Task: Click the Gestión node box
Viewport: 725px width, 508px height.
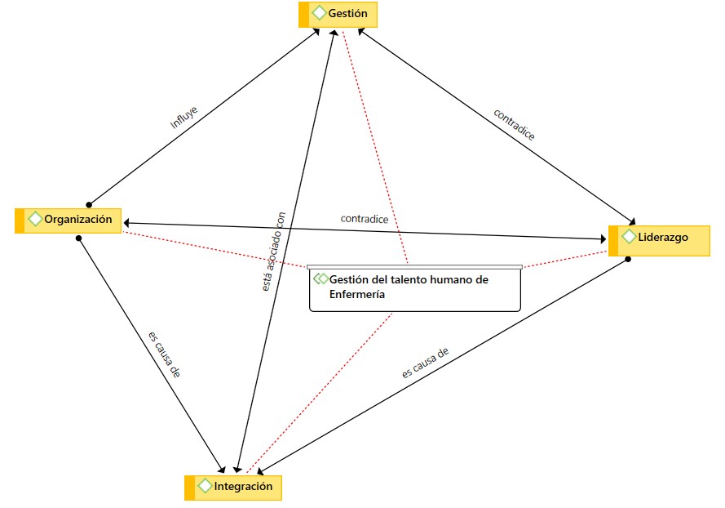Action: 338,14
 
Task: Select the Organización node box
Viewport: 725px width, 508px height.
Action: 69,220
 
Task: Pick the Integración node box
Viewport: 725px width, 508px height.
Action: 234,488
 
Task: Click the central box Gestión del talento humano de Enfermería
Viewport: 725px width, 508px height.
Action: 414,289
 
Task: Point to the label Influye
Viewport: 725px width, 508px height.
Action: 183,118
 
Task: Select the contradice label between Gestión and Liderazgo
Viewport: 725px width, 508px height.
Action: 515,124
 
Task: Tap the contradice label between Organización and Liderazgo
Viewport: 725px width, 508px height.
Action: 364,219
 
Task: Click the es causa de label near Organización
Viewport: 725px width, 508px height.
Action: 164,354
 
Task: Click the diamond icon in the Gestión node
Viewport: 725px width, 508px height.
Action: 318,14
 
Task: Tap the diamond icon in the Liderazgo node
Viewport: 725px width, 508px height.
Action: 629,237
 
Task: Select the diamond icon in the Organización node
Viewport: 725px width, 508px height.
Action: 35,220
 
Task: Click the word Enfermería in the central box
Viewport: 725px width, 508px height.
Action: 356,295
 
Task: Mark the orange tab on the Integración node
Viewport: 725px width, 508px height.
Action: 190,488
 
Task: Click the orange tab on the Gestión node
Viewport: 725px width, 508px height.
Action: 303,14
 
